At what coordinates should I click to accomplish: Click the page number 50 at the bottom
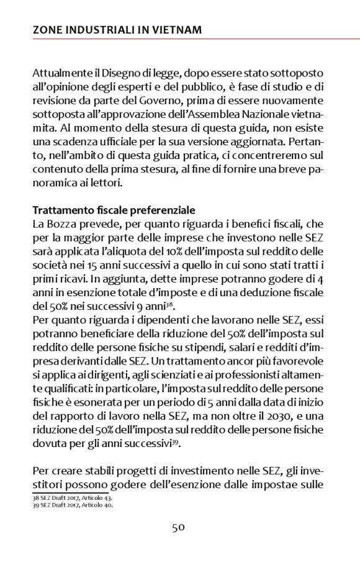tap(179, 528)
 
